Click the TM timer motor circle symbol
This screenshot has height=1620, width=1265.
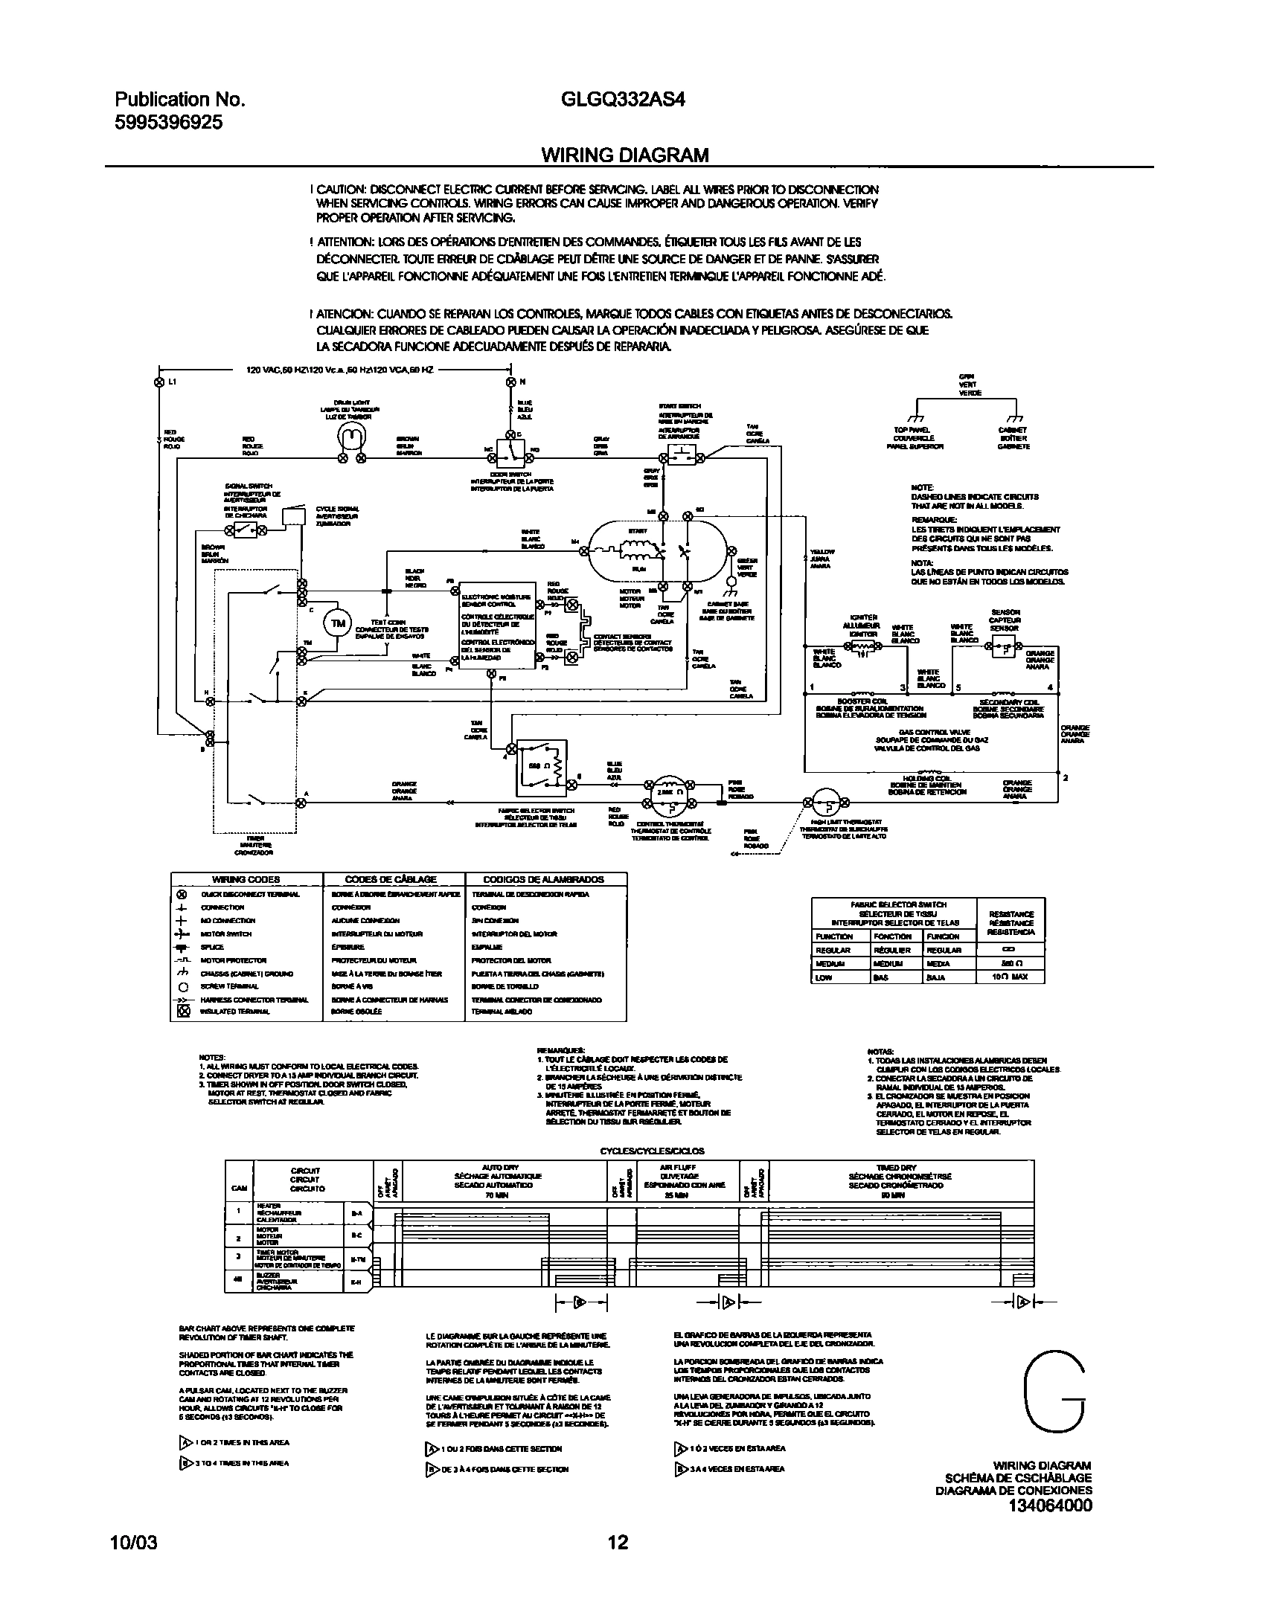[x=339, y=623]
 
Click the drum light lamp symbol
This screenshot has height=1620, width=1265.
[x=351, y=437]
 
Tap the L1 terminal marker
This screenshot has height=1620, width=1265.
[x=158, y=382]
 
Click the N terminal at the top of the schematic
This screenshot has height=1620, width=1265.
[x=510, y=382]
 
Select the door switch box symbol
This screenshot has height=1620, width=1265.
[x=510, y=450]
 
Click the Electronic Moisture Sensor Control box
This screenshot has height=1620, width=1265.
[x=496, y=626]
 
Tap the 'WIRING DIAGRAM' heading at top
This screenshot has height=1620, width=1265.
[x=624, y=155]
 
